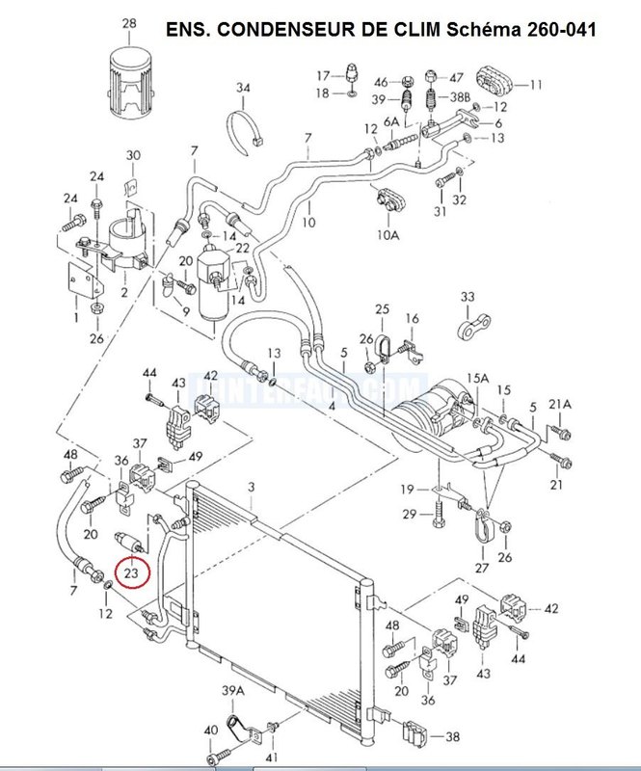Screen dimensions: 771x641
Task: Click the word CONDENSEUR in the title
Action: pos(288,30)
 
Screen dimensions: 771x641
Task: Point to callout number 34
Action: pos(243,89)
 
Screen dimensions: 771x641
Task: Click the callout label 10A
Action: pos(387,234)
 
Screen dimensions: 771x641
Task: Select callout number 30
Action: pos(133,155)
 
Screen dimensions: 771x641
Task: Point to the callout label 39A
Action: pos(231,691)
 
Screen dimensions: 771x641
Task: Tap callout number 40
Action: pos(211,731)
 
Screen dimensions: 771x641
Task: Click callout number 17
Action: pos(324,74)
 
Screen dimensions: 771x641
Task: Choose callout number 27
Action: pos(482,568)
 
